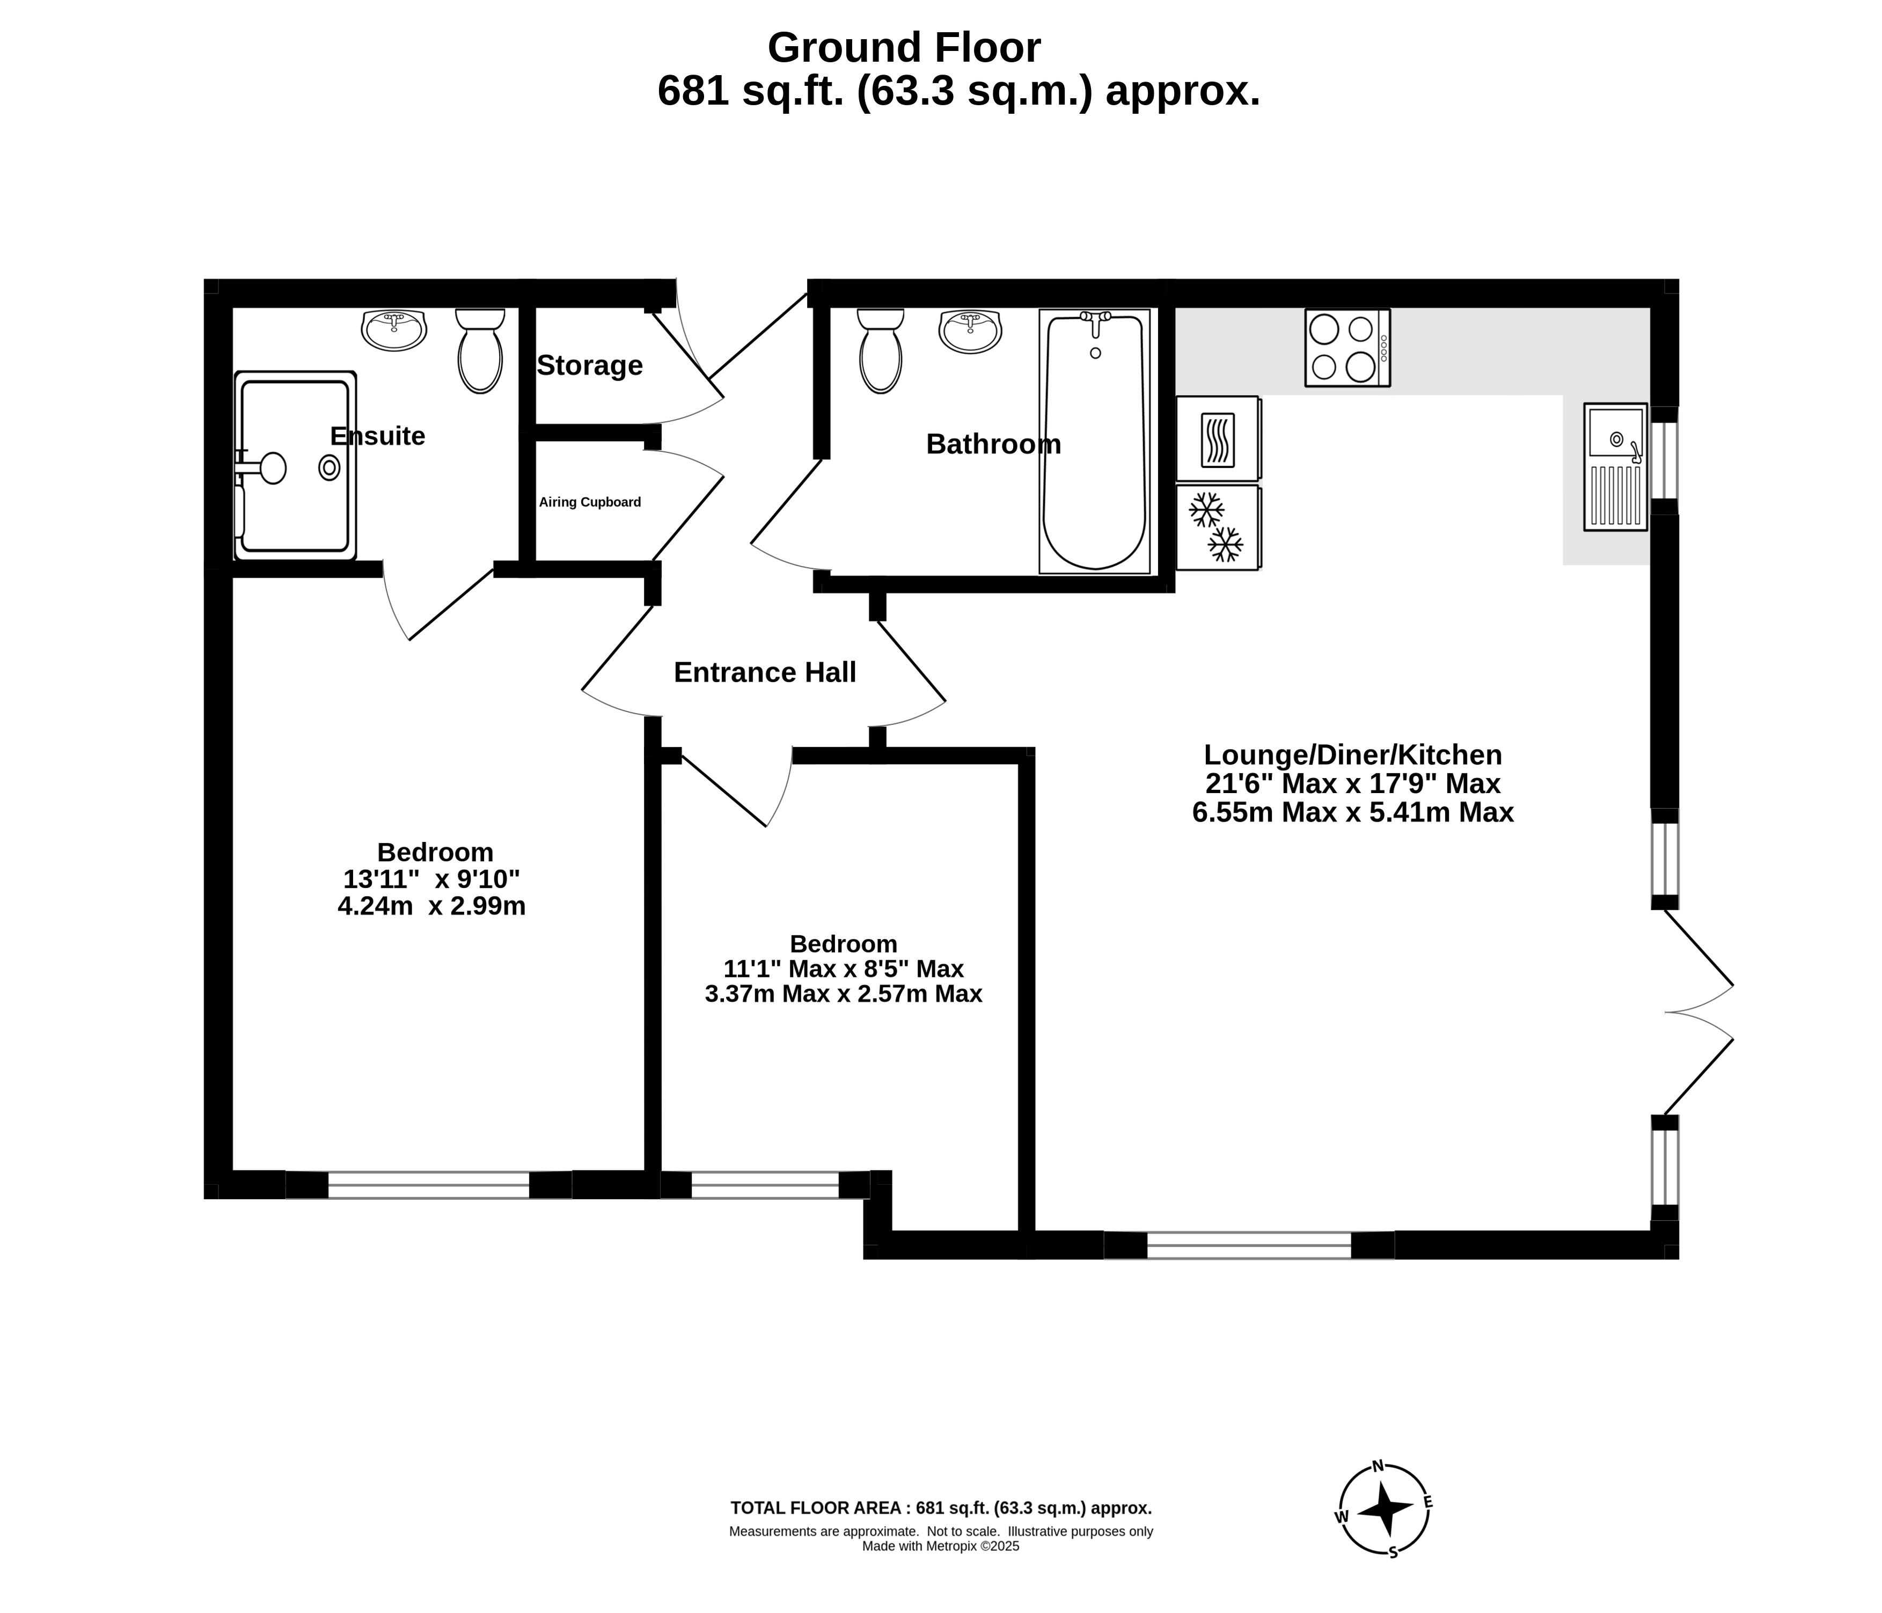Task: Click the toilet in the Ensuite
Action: click(x=480, y=350)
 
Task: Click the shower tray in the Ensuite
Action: click(x=295, y=466)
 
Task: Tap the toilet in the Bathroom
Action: click(x=880, y=350)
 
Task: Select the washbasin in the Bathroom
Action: click(x=970, y=331)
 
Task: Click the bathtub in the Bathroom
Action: click(x=1095, y=442)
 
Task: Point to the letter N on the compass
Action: click(x=1378, y=1465)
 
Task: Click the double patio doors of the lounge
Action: click(x=1698, y=1012)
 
